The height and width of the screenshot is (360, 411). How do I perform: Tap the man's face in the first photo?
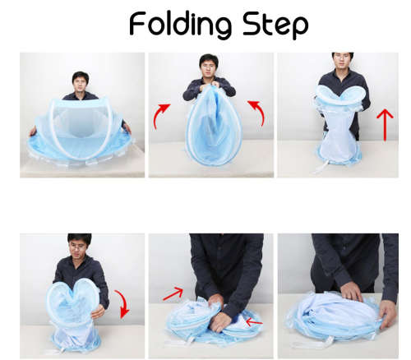[x=80, y=82]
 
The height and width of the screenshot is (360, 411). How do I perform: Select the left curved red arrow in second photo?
[x=162, y=116]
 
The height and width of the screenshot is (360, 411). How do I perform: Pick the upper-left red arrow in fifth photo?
[x=173, y=293]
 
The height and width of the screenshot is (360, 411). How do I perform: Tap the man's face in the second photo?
[x=209, y=66]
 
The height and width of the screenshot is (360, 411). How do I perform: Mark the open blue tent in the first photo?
[x=82, y=136]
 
